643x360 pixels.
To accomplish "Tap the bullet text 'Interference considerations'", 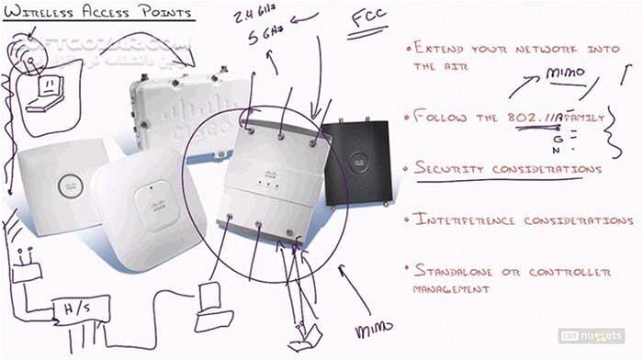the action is click(x=523, y=220).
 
